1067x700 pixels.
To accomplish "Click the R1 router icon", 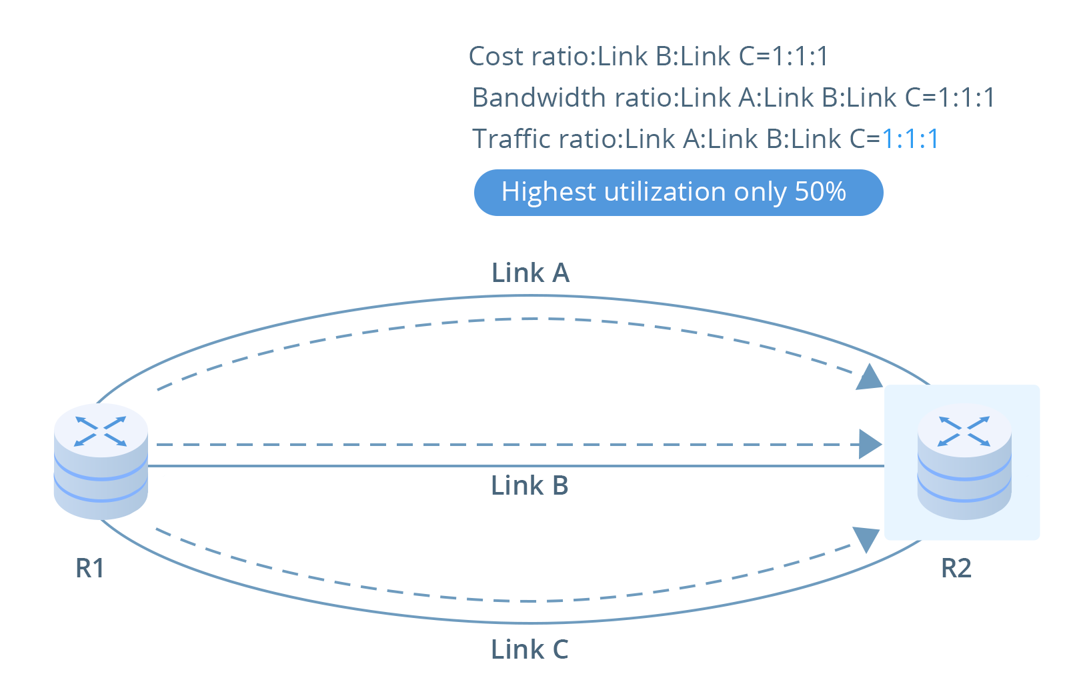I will tap(101, 461).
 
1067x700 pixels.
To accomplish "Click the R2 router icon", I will tap(964, 461).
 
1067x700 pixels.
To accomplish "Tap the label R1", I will tap(90, 568).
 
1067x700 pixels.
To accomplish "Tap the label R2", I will tap(956, 568).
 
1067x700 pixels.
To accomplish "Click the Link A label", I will tap(530, 273).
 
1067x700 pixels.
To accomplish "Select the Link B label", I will tap(529, 485).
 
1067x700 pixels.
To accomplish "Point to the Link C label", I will tap(529, 649).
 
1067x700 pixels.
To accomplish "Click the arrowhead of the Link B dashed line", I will tap(870, 444).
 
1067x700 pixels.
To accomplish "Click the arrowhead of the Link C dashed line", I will tap(866, 538).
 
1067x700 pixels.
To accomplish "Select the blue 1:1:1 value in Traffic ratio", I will tap(910, 139).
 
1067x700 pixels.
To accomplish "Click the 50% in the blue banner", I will tap(820, 192).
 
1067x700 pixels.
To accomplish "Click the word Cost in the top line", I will tap(496, 56).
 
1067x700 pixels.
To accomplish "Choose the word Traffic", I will tap(512, 139).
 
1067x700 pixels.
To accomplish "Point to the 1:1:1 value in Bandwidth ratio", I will tap(966, 97).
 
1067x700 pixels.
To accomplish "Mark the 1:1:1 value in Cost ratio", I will tap(800, 56).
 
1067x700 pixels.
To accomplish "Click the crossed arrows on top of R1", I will tap(101, 431).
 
